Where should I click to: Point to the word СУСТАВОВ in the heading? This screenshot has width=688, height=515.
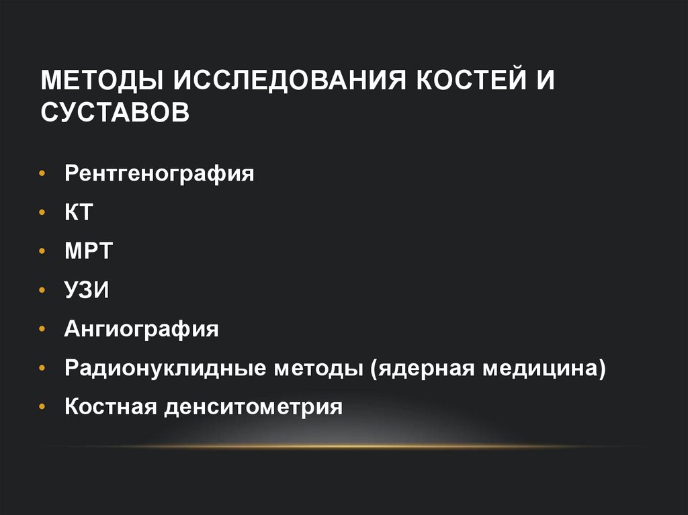point(114,112)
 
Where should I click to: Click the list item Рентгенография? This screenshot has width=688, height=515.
point(159,175)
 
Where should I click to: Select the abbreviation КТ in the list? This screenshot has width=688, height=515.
point(78,213)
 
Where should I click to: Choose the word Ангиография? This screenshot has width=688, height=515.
point(142,330)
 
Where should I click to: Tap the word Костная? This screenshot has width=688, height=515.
point(110,407)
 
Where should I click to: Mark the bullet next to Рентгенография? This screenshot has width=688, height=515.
point(43,175)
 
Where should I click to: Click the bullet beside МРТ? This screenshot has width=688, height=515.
point(43,252)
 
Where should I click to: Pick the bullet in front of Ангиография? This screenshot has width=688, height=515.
point(43,330)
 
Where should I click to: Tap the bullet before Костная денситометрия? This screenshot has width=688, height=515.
point(43,407)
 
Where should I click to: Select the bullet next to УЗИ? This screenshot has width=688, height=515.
point(43,291)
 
